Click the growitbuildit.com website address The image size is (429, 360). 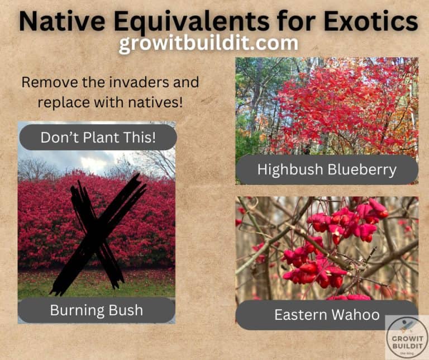tap(208, 44)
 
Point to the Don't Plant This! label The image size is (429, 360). tap(98, 138)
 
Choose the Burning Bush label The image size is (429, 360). tap(97, 310)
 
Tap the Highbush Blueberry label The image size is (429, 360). tap(327, 169)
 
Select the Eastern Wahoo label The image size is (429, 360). tap(327, 315)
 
